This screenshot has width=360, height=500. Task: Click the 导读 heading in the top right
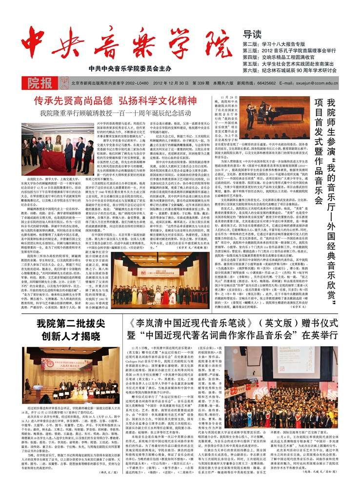(252, 35)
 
